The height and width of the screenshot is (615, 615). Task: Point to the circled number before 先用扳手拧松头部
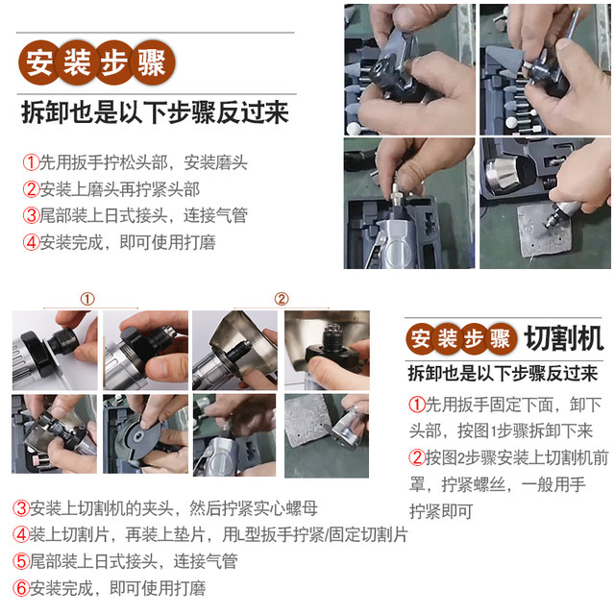click(x=31, y=162)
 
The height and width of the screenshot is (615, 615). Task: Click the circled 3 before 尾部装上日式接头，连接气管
click(x=31, y=215)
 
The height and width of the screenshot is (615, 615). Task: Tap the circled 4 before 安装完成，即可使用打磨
click(x=31, y=242)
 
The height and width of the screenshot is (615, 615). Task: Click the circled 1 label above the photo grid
click(x=87, y=298)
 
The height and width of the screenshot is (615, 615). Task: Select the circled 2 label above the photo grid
click(x=282, y=298)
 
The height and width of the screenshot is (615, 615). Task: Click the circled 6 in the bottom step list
click(x=20, y=587)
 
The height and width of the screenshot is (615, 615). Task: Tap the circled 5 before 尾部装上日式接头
click(x=20, y=561)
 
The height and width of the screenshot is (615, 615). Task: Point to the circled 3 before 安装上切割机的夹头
click(x=20, y=507)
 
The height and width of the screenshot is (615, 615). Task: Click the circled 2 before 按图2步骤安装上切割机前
click(x=416, y=456)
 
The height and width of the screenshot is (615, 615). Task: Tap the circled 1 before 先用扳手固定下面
click(x=416, y=404)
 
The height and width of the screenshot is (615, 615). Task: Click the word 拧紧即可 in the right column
click(x=442, y=509)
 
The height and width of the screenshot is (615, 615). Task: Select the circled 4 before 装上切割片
click(x=20, y=534)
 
